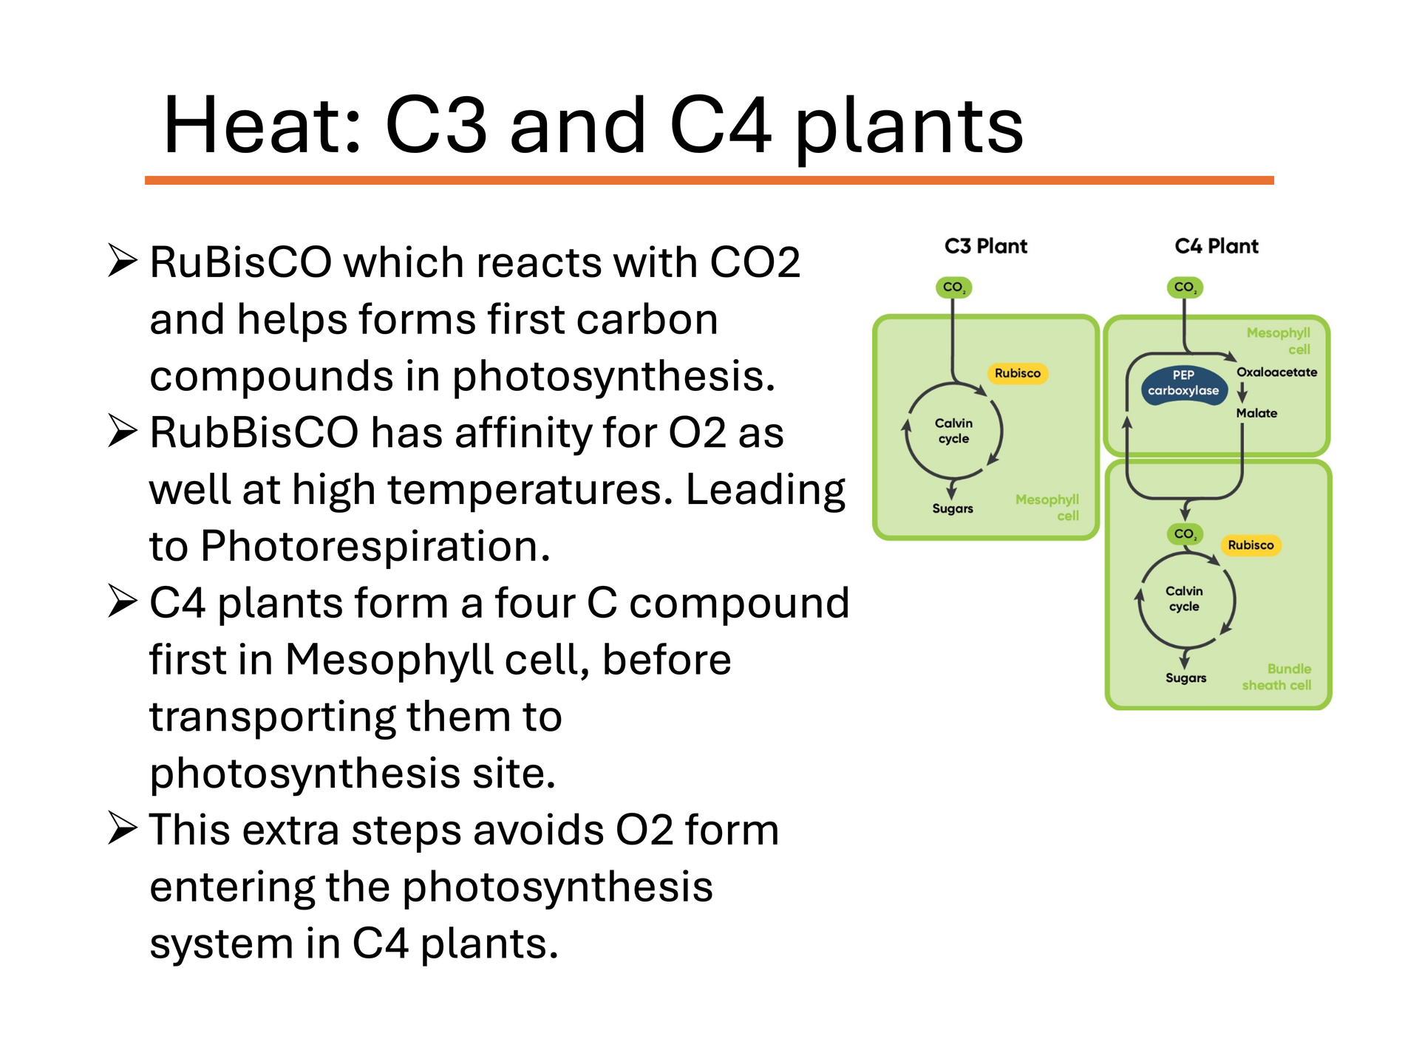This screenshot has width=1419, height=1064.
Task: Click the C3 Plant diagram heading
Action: click(x=986, y=246)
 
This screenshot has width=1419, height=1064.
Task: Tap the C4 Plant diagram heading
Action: click(x=1216, y=246)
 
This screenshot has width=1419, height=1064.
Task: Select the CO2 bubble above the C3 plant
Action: click(x=953, y=287)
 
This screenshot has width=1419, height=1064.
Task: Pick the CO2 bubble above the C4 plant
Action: click(x=1185, y=287)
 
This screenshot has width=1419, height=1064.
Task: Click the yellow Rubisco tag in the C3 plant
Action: click(x=1018, y=373)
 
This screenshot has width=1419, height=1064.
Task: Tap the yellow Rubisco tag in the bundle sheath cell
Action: click(x=1250, y=545)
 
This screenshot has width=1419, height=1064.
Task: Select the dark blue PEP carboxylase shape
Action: click(x=1184, y=385)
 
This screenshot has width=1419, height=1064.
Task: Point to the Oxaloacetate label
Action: click(x=1277, y=372)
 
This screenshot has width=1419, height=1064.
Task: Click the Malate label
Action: click(x=1256, y=413)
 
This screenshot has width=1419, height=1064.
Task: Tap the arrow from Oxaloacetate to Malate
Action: click(x=1242, y=392)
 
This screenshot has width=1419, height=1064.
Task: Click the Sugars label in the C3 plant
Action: click(x=953, y=509)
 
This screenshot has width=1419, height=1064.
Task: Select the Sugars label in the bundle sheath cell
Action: click(x=1185, y=678)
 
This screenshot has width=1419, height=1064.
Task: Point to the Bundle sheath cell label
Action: click(x=1277, y=677)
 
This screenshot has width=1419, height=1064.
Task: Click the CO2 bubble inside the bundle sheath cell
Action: click(x=1185, y=533)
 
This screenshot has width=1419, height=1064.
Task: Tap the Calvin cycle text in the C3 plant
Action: click(x=953, y=431)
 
